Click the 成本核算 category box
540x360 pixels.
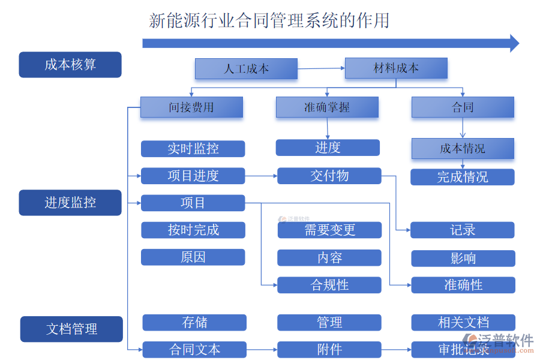[70, 65]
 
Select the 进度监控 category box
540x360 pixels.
[70, 203]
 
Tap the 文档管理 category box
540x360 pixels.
[71, 329]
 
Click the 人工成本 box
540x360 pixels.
[246, 68]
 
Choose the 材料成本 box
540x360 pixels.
[396, 68]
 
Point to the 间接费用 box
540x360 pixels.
[191, 107]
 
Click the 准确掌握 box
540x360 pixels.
[327, 107]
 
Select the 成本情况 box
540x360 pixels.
[463, 148]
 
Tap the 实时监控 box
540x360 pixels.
[193, 149]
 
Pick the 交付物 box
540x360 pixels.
[329, 176]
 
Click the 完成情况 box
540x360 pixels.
[462, 177]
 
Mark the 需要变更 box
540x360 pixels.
[329, 230]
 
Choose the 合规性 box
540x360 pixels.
[329, 285]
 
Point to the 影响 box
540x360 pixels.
[463, 258]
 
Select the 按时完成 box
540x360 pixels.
[193, 230]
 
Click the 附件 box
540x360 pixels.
[329, 349]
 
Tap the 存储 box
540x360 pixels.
[194, 323]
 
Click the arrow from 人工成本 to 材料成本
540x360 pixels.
[321, 68]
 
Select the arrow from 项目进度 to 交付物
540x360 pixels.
[261, 176]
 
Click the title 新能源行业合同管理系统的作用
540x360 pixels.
[269, 20]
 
